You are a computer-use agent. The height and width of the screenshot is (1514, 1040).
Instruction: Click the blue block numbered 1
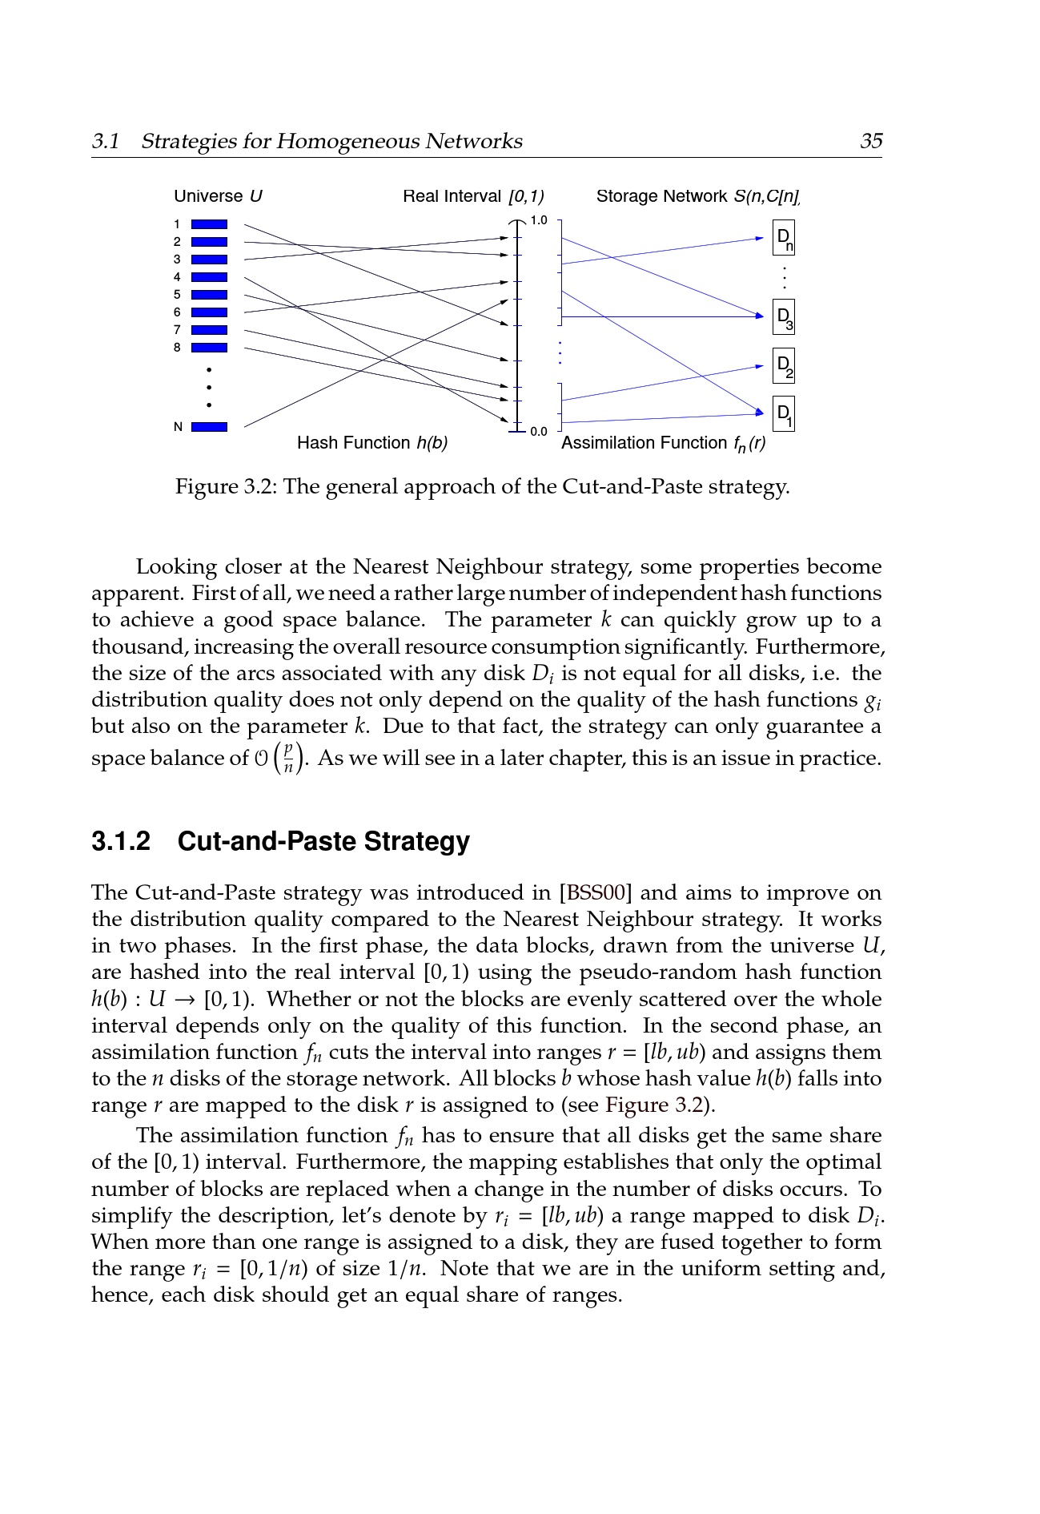(x=209, y=224)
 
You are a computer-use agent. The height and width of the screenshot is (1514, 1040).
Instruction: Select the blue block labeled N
(x=209, y=427)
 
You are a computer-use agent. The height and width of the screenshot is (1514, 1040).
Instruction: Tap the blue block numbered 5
(x=209, y=295)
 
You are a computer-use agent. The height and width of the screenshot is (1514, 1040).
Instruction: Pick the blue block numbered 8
(x=209, y=348)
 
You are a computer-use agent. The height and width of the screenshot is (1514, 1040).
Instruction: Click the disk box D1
(x=784, y=414)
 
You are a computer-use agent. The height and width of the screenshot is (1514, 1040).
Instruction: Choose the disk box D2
(x=784, y=366)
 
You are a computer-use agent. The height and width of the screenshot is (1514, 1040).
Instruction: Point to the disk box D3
(x=784, y=317)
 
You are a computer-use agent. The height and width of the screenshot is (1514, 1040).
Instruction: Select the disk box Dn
(x=784, y=238)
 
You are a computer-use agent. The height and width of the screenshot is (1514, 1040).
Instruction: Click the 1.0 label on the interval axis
(x=539, y=220)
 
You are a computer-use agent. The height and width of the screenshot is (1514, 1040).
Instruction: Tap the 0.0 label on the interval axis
(x=539, y=432)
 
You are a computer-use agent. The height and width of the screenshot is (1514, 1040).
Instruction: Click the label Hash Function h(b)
(x=372, y=443)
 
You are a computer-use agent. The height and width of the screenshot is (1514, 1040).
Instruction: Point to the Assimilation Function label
(x=663, y=443)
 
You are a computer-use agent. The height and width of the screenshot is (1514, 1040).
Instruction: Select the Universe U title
(x=218, y=196)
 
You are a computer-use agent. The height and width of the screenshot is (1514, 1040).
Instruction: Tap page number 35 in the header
(x=870, y=142)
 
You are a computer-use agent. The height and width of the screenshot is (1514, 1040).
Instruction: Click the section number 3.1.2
(x=121, y=842)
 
